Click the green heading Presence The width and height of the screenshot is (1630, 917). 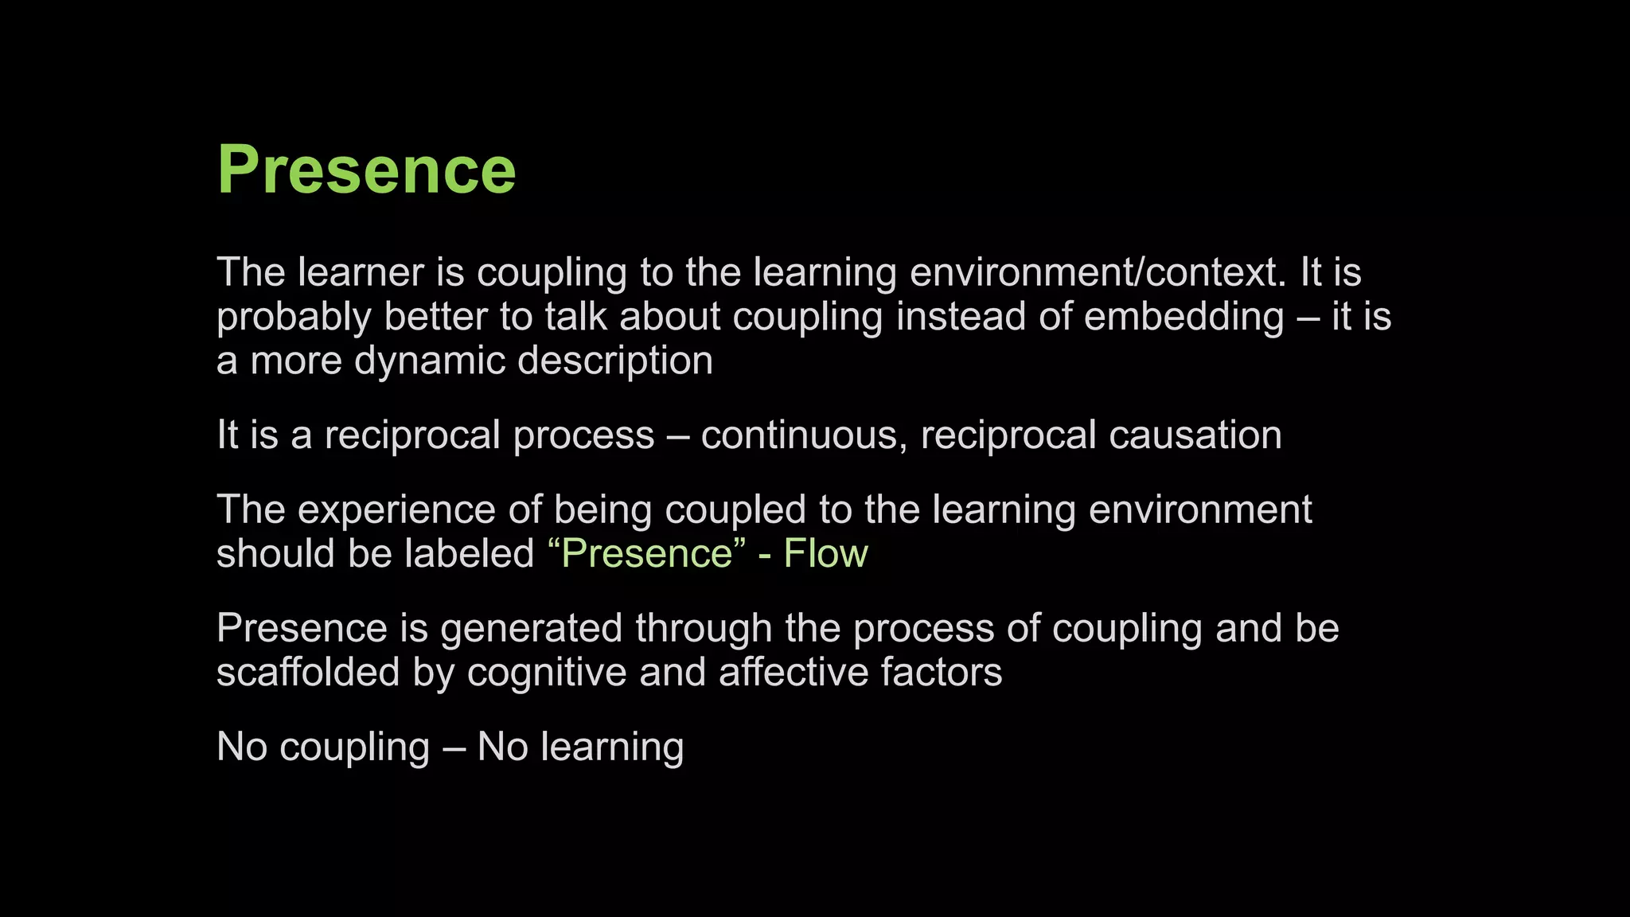[366, 170]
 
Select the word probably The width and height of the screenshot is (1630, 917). [294, 317]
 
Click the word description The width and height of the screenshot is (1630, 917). [614, 361]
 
